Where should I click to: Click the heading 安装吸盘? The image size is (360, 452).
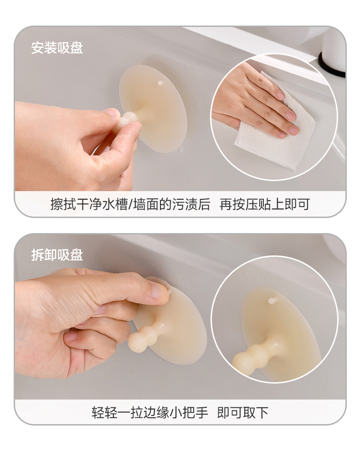(57, 48)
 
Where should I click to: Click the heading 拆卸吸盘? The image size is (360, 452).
(57, 255)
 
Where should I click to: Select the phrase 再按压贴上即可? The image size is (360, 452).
(265, 204)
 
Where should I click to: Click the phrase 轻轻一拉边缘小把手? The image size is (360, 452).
(150, 412)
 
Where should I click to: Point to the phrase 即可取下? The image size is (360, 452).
(243, 412)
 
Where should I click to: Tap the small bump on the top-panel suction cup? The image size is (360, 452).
(160, 83)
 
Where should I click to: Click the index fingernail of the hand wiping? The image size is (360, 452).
(280, 95)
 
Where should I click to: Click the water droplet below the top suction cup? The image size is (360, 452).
(181, 150)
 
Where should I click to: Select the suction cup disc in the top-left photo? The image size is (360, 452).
(154, 109)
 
